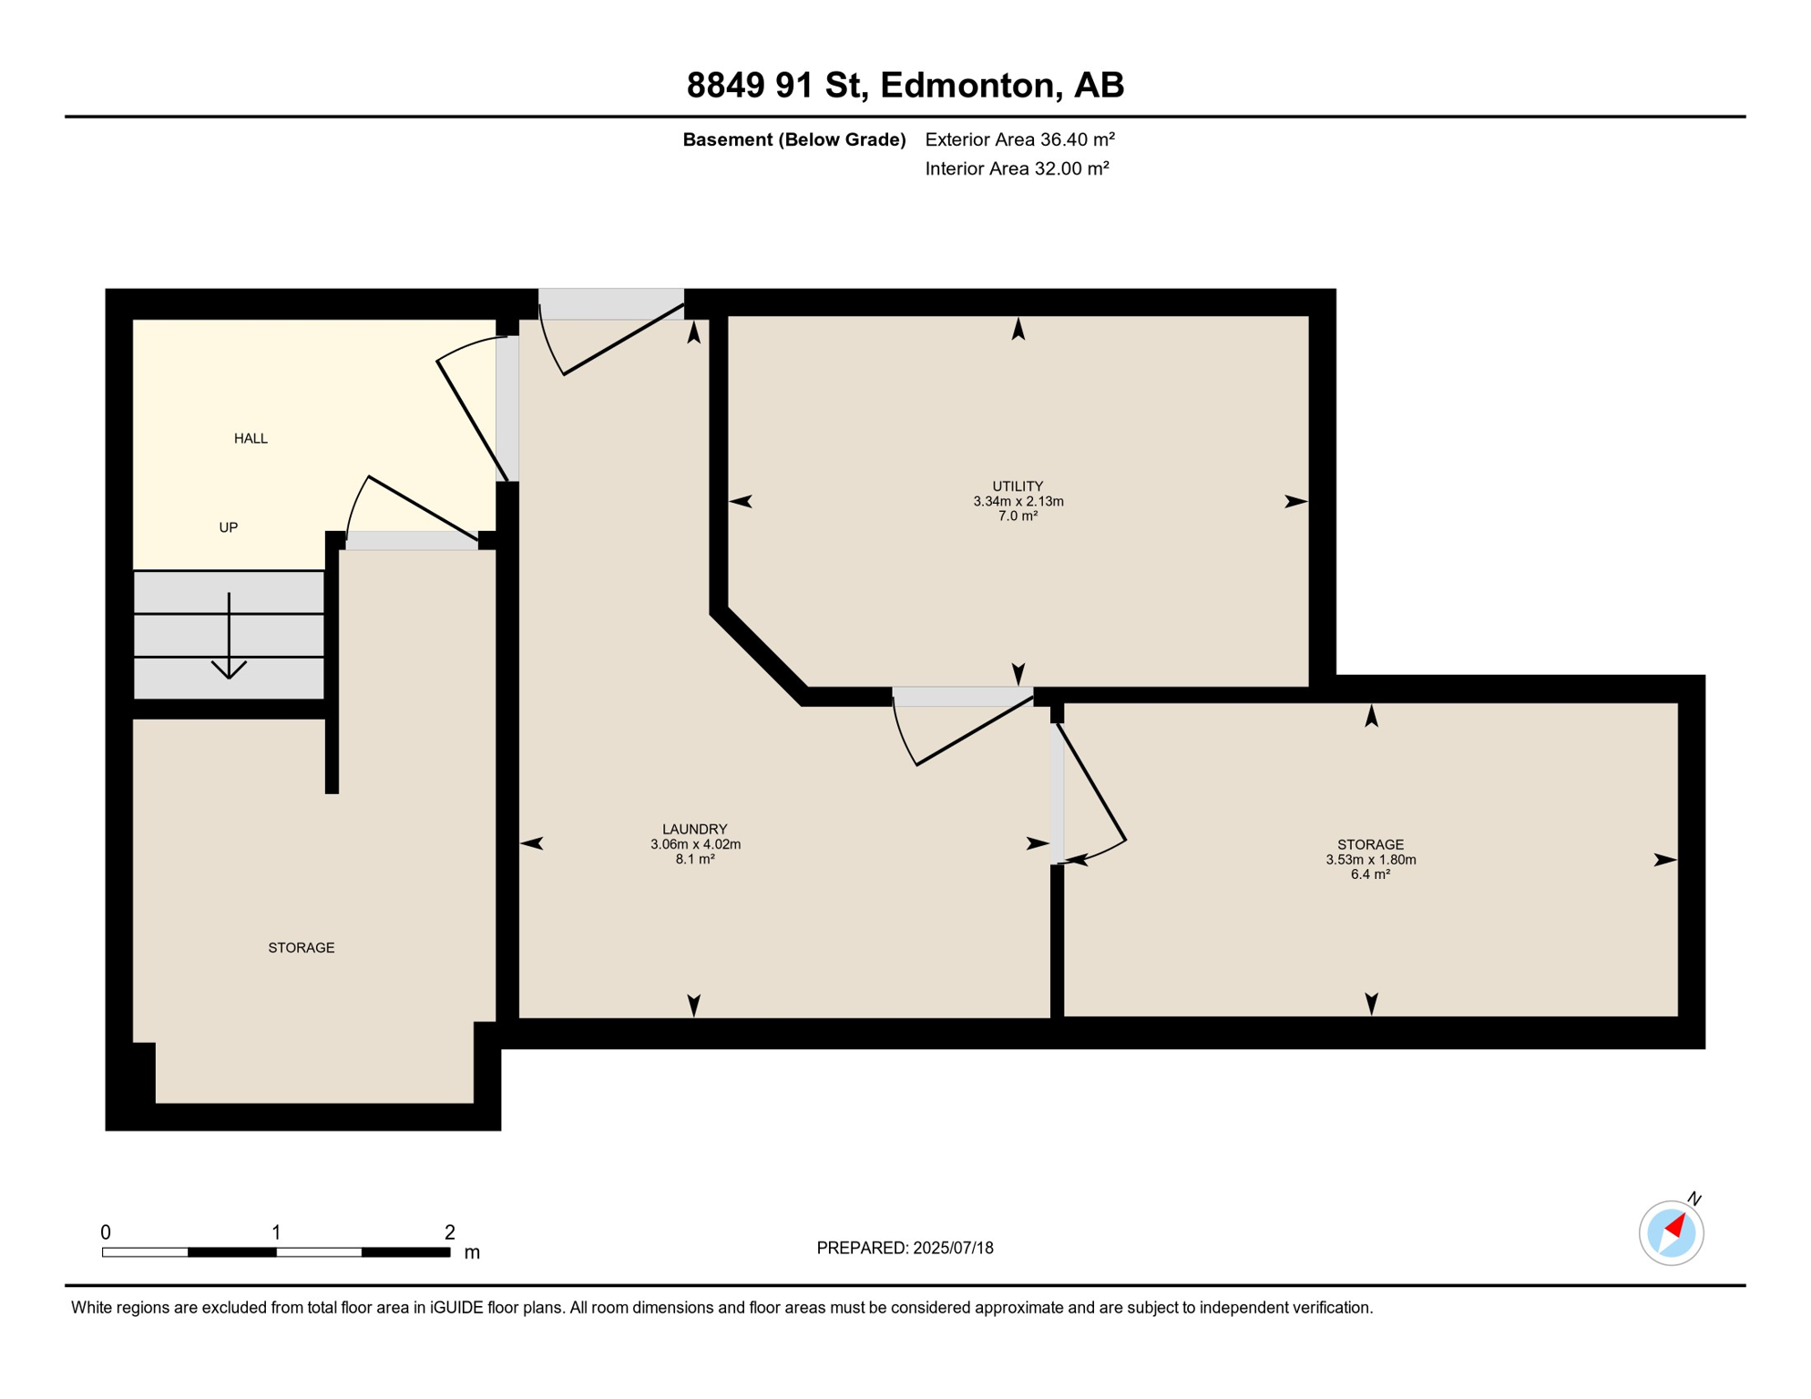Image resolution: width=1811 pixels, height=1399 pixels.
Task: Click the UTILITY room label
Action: pyautogui.click(x=1018, y=486)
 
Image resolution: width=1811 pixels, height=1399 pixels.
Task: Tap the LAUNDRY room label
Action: pyautogui.click(x=695, y=830)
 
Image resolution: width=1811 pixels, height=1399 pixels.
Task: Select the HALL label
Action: pyautogui.click(x=251, y=439)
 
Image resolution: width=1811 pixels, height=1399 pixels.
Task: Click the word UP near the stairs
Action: pyautogui.click(x=229, y=527)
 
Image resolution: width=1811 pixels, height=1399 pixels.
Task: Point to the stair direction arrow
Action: pyautogui.click(x=229, y=636)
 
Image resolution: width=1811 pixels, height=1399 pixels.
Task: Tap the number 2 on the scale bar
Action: pyautogui.click(x=449, y=1232)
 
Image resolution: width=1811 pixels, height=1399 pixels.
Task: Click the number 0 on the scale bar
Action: pyautogui.click(x=106, y=1232)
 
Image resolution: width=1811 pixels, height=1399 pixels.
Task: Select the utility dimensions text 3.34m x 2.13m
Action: pyautogui.click(x=1018, y=502)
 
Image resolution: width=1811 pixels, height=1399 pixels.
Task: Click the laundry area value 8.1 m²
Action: pyautogui.click(x=695, y=859)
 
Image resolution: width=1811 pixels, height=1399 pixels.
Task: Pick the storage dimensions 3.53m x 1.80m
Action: pyautogui.click(x=1371, y=860)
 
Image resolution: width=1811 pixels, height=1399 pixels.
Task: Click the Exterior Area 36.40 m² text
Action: pyautogui.click(x=1020, y=139)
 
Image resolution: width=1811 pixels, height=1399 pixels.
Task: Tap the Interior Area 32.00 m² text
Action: pyautogui.click(x=1018, y=168)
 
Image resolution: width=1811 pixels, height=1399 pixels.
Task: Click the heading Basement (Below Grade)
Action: pyautogui.click(x=794, y=139)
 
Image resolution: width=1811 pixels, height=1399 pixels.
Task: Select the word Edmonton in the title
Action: pyautogui.click(x=967, y=85)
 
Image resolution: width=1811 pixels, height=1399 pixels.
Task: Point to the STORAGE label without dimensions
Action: pyautogui.click(x=302, y=948)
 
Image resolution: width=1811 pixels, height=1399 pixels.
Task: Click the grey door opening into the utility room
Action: pyautogui.click(x=963, y=697)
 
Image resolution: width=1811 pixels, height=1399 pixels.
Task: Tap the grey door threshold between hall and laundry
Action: pyautogui.click(x=507, y=409)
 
